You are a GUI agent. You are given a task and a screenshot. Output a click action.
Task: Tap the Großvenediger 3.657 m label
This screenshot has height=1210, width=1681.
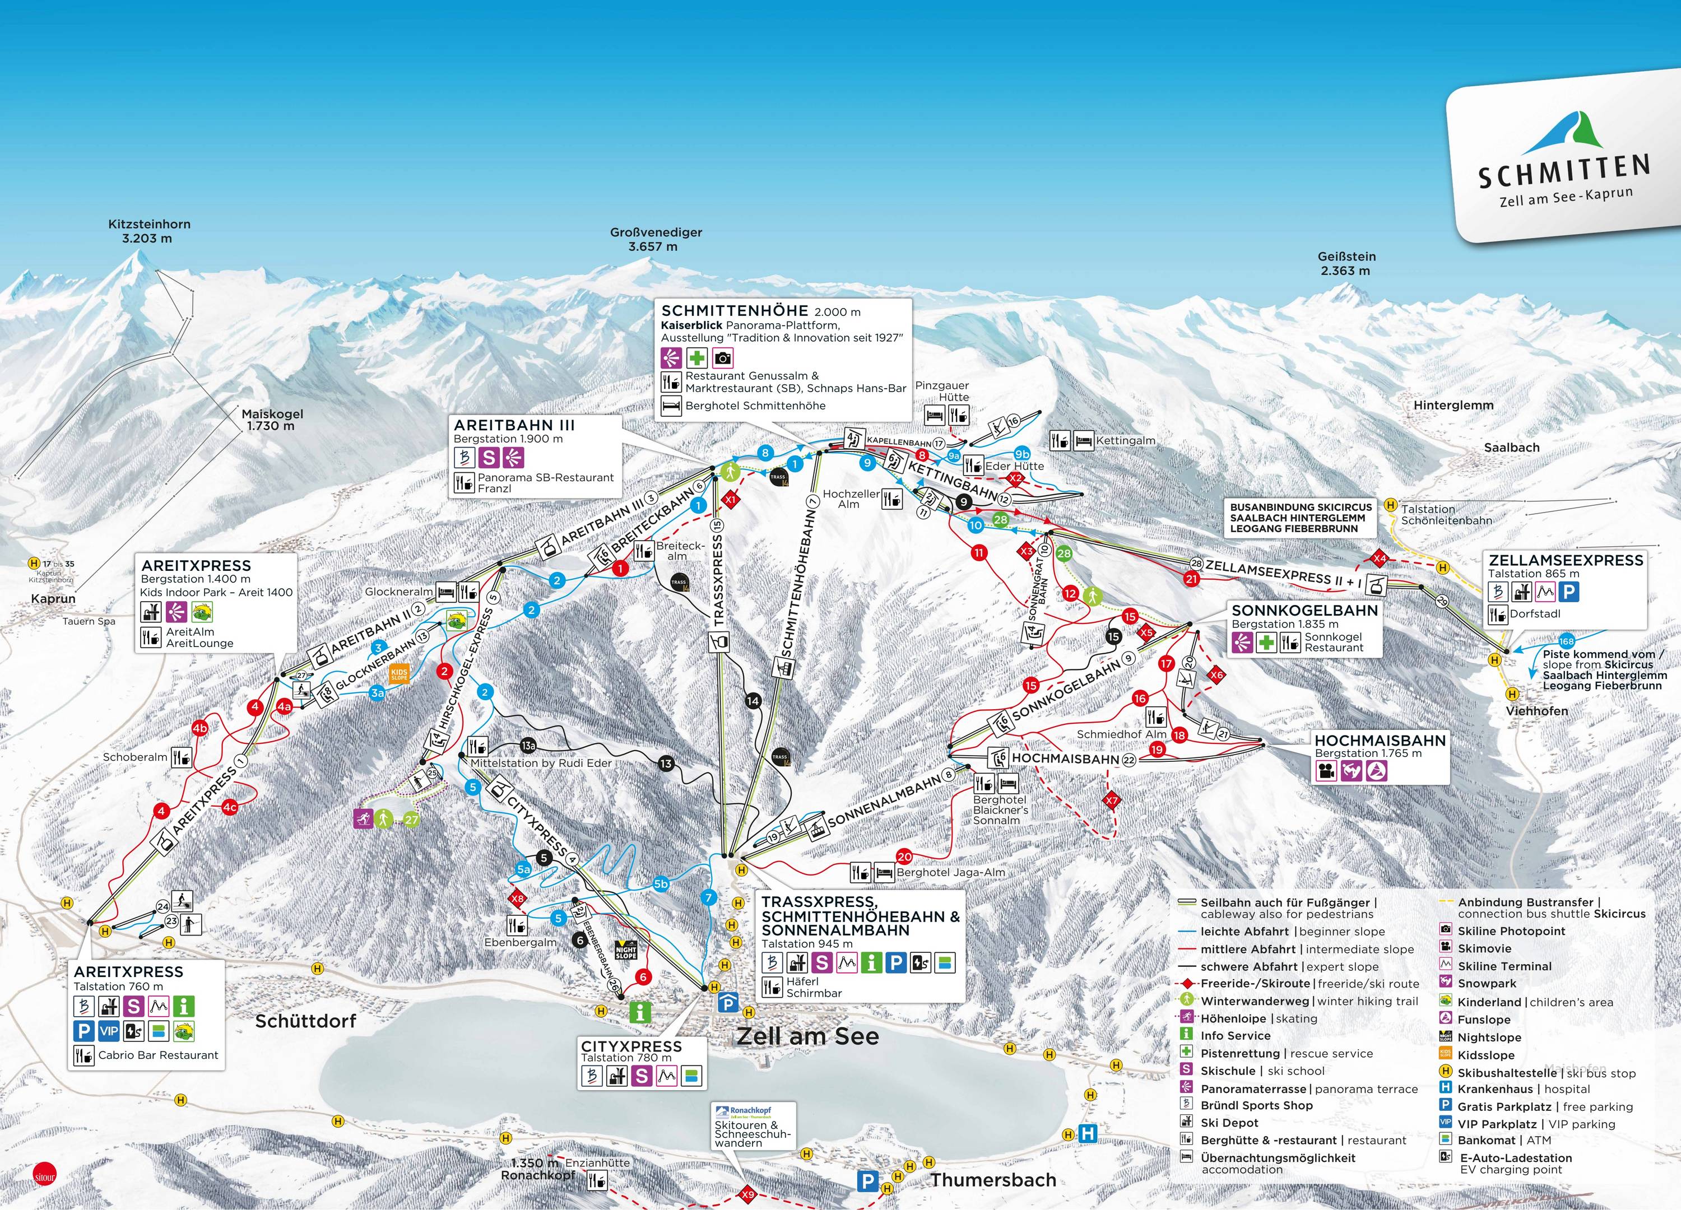[x=655, y=239]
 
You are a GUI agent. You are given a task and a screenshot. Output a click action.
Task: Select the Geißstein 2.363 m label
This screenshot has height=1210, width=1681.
[x=1346, y=263]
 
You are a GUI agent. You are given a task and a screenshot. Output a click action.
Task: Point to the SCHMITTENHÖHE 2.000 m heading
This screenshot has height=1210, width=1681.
[x=761, y=311]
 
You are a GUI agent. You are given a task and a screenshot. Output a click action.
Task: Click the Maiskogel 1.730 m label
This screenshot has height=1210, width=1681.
[x=272, y=420]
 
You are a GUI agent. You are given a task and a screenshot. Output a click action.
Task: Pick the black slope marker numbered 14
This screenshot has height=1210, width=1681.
[x=753, y=700]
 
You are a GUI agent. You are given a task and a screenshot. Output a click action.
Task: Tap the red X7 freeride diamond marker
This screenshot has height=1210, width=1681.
[x=1111, y=801]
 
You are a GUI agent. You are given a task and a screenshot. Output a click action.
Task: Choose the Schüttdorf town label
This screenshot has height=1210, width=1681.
[x=305, y=1021]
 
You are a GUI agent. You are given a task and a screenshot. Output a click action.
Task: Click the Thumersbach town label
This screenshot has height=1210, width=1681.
[x=993, y=1180]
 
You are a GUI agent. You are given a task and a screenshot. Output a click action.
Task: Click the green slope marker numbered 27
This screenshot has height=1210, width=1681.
[x=411, y=820]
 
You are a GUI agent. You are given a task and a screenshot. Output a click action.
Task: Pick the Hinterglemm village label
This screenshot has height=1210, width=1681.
[x=1453, y=406]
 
